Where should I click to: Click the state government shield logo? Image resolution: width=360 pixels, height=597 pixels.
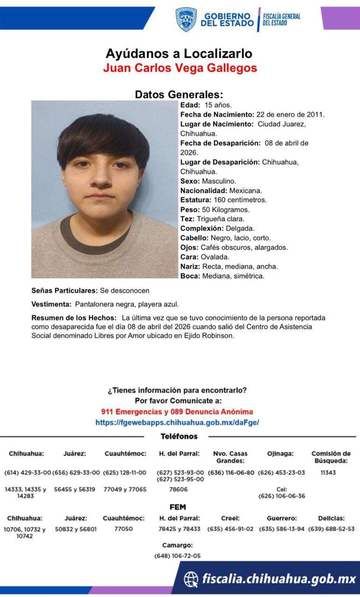point(186,19)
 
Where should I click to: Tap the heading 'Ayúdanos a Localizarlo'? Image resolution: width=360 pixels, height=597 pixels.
point(179,53)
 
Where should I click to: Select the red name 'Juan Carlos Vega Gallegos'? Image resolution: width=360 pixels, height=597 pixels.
point(180,68)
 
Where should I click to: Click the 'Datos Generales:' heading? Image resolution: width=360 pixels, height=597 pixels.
point(179,94)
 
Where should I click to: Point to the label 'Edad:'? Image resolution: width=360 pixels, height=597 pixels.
point(190,105)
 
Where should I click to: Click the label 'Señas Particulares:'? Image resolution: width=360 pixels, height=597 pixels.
point(64,291)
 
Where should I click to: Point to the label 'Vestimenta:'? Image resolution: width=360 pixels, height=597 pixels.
point(51,304)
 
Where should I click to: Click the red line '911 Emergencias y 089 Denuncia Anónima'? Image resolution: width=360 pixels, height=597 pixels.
point(177,412)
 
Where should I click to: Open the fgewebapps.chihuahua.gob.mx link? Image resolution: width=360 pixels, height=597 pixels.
point(177,422)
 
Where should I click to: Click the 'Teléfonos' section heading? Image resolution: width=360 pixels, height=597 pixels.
point(179,437)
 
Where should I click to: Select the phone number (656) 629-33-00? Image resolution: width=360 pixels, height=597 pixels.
point(76,472)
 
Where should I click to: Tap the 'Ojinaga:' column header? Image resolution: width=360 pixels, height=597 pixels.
point(280,453)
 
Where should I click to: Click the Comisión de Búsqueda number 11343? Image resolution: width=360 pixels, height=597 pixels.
point(328,472)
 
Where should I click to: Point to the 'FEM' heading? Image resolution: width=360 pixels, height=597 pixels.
point(178,507)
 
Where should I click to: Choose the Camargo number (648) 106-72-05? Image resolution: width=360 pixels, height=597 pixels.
point(178,555)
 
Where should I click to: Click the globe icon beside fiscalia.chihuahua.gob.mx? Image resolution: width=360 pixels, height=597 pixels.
point(191,579)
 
